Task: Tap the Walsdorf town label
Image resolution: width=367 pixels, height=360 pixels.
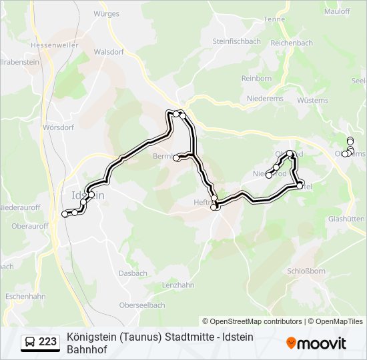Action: pyautogui.click(x=109, y=51)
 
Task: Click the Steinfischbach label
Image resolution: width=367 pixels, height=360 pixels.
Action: pyautogui.click(x=236, y=41)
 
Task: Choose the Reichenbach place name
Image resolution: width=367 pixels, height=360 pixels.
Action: pyautogui.click(x=292, y=43)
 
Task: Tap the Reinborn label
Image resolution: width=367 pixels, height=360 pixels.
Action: pyautogui.click(x=256, y=78)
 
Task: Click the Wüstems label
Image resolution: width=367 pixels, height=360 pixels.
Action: pyautogui.click(x=313, y=101)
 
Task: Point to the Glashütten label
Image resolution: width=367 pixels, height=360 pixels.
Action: pyautogui.click(x=346, y=219)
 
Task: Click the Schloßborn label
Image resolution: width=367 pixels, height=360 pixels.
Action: pyautogui.click(x=306, y=271)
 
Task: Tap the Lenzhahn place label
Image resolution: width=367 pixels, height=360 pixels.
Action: pyautogui.click(x=178, y=285)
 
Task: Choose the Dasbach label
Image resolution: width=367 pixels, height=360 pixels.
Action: pyautogui.click(x=133, y=273)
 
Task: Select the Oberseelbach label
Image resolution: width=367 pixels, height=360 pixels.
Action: pyautogui.click(x=141, y=305)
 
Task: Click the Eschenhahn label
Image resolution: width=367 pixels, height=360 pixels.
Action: pyautogui.click(x=25, y=295)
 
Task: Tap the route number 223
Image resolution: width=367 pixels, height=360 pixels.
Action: pyautogui.click(x=48, y=342)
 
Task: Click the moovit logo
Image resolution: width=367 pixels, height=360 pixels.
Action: pyautogui.click(x=316, y=343)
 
